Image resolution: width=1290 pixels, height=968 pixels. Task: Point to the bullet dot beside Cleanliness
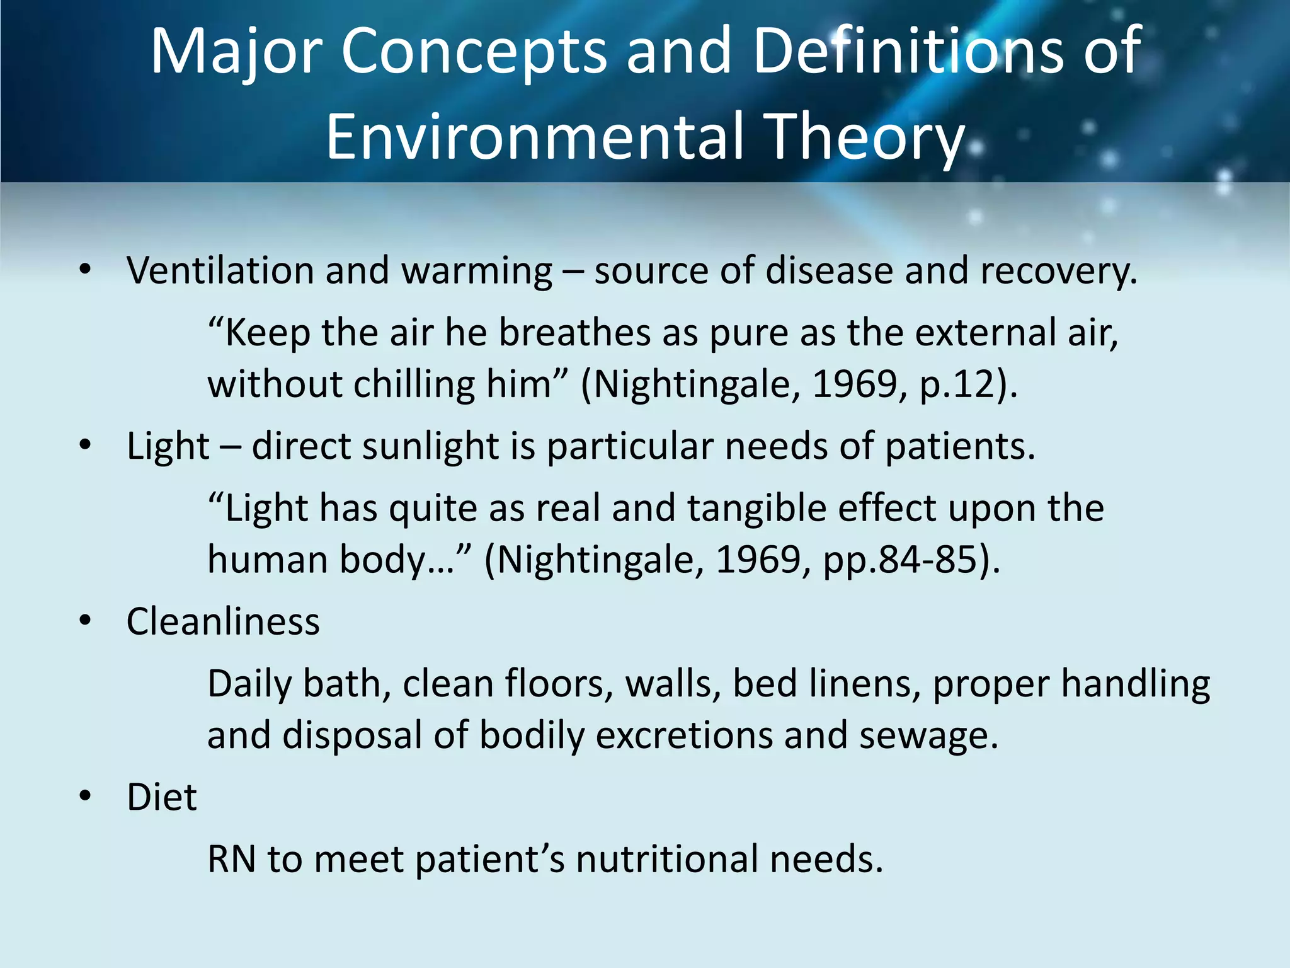point(86,621)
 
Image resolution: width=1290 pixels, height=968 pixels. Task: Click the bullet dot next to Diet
point(86,796)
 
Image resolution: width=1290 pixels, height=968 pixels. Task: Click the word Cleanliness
point(223,621)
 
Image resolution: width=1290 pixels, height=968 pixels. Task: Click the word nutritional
point(667,859)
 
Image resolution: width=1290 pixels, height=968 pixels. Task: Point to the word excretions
point(683,735)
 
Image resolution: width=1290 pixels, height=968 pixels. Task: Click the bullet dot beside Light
point(86,446)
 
